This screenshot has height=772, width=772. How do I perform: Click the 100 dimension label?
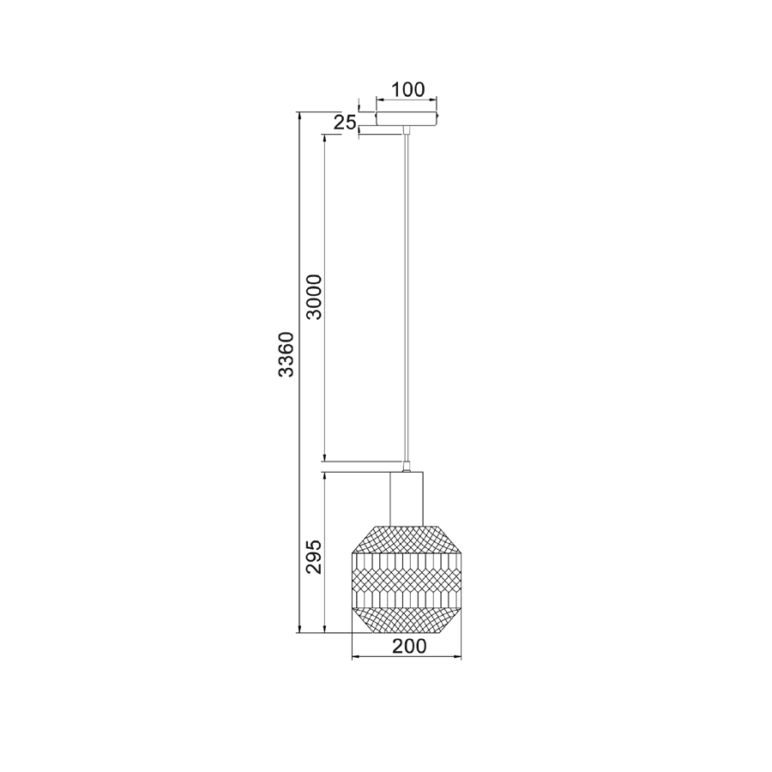coord(407,89)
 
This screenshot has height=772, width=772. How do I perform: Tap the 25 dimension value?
coord(345,123)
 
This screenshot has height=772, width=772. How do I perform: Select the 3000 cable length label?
coord(314,297)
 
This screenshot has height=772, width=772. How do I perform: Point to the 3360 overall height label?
coord(286,354)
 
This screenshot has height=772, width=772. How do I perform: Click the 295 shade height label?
coord(314,557)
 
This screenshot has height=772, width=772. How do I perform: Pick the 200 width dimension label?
coord(409,646)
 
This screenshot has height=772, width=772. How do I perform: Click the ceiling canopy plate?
coord(407,118)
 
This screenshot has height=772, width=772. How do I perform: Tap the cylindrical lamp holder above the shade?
coord(407,498)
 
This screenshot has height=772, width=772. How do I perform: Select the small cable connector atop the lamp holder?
coord(407,467)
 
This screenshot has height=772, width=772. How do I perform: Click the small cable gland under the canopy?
coord(407,130)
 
